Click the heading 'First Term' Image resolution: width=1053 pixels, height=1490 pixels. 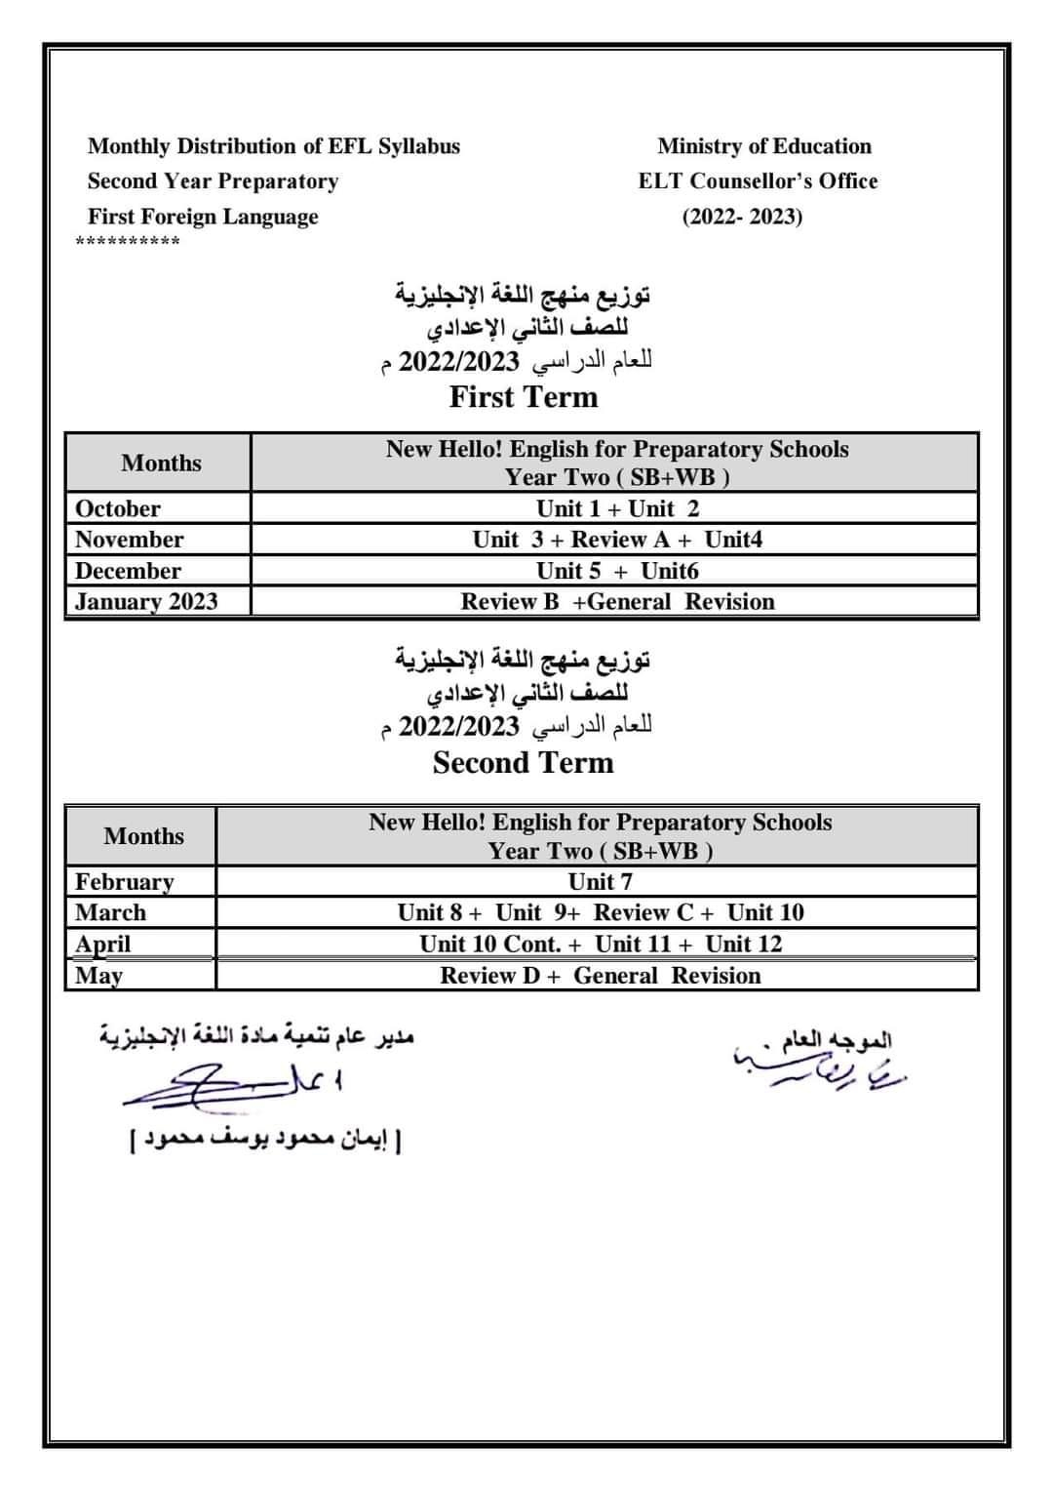point(524,397)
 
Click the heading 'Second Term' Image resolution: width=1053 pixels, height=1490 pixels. point(524,762)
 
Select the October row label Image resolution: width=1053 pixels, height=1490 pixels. point(118,508)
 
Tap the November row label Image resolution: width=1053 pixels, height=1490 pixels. point(129,540)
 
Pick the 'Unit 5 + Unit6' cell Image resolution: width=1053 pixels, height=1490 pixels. point(617,571)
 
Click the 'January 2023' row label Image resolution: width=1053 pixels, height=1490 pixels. point(146,601)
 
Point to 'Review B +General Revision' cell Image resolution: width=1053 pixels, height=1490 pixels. point(617,601)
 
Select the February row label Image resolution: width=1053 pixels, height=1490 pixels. point(125,881)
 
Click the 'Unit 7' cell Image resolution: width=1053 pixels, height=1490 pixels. point(600,881)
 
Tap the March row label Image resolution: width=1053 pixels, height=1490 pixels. point(110,912)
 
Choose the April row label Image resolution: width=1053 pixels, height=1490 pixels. point(102,944)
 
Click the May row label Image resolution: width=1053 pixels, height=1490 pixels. point(98,975)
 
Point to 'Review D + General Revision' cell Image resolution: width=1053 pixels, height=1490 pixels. point(600,975)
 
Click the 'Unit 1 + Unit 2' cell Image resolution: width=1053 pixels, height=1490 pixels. point(617,508)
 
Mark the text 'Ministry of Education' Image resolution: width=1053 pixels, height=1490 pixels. point(764,146)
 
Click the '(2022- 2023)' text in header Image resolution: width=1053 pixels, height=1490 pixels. point(742,217)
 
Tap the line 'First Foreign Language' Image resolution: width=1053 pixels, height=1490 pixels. point(203,217)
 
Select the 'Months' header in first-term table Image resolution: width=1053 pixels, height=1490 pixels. point(161,463)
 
